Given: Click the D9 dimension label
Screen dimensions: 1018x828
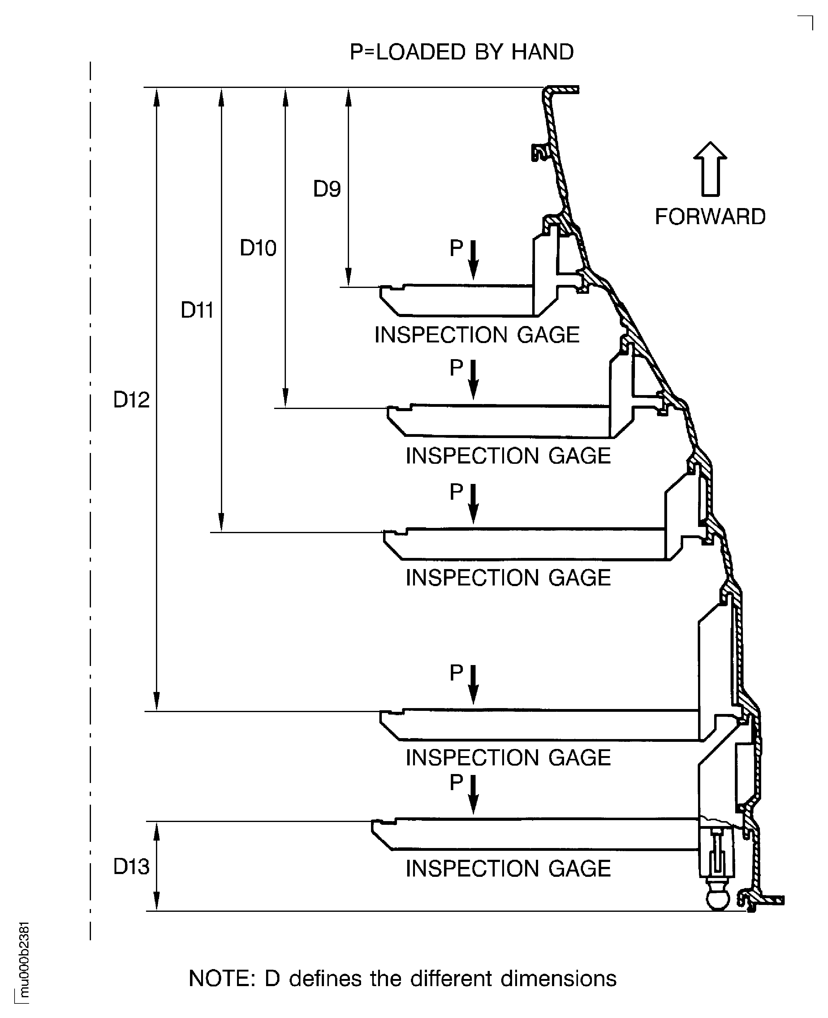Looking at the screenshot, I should [327, 189].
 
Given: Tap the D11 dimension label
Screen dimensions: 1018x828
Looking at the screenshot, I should [197, 310].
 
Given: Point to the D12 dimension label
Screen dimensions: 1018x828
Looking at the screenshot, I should [131, 399].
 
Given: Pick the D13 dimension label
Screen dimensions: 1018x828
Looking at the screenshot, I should [131, 866].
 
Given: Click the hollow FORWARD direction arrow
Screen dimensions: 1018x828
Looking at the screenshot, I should [710, 169].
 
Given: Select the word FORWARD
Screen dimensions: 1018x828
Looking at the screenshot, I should [710, 217].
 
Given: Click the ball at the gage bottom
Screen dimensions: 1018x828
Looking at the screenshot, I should [717, 899].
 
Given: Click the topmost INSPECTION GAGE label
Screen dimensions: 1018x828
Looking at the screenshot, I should [477, 335].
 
